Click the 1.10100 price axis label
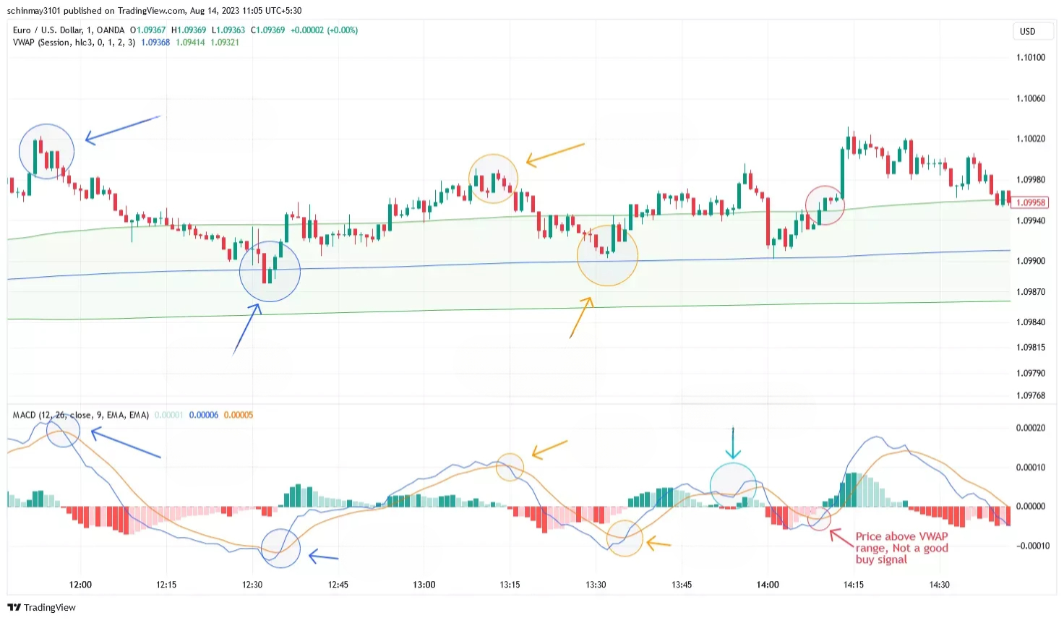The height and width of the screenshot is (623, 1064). (1030, 57)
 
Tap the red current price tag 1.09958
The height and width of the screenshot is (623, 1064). (1030, 202)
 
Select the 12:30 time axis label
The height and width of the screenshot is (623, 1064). (252, 585)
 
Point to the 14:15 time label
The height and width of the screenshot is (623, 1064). (853, 585)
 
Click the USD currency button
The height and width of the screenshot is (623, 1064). (1027, 31)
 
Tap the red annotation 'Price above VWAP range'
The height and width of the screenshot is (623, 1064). (901, 547)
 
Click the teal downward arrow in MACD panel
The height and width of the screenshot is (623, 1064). (733, 442)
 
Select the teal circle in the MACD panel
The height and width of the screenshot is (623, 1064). (733, 485)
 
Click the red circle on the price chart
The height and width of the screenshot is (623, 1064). (825, 205)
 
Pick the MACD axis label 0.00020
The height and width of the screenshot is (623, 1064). (1030, 428)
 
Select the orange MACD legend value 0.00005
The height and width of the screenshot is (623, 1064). (239, 415)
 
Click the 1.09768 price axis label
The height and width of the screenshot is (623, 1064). (1030, 395)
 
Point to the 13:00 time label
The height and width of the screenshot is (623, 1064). (424, 585)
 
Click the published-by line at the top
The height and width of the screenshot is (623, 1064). (154, 10)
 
